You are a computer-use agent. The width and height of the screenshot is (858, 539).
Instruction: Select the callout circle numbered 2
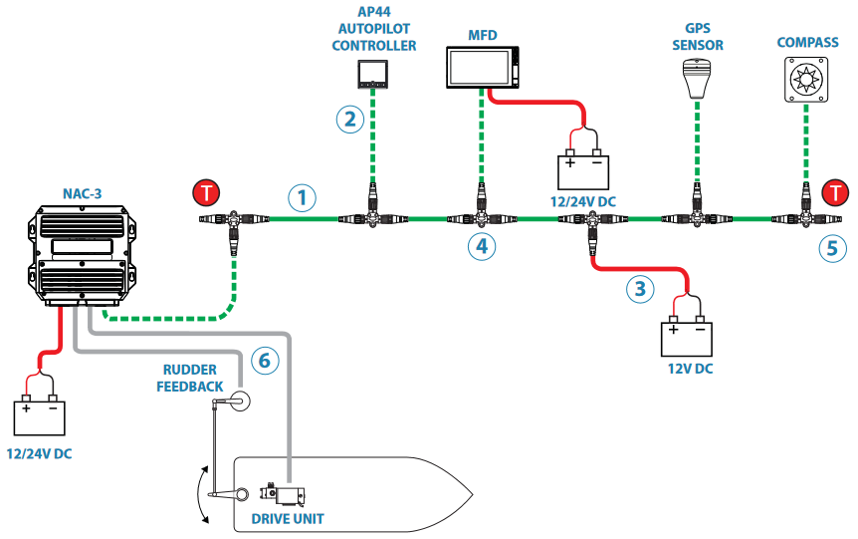(348, 120)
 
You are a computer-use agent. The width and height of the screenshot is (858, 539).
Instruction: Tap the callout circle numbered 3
(641, 289)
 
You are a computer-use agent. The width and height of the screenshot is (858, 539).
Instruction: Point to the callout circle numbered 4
(483, 245)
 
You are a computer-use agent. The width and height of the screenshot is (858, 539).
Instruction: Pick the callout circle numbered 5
(834, 246)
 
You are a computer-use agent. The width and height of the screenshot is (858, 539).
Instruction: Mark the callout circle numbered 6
(262, 360)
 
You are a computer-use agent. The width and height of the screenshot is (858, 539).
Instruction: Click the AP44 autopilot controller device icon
(373, 73)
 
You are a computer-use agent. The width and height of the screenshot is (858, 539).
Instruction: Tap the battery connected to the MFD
(583, 167)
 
